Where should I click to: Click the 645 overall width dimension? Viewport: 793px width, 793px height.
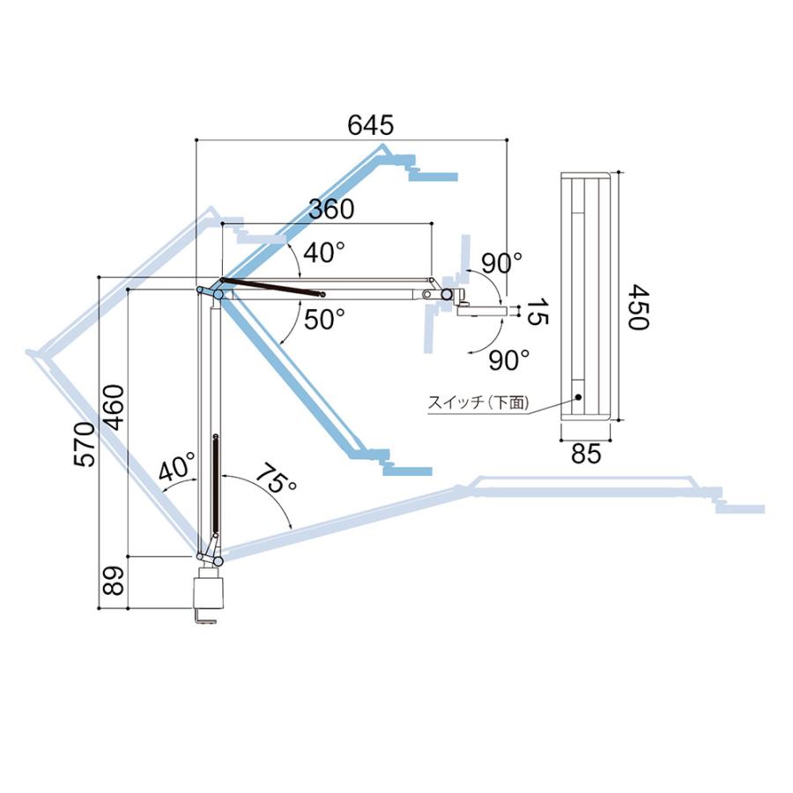[x=370, y=125]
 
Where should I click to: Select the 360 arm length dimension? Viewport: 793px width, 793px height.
[x=331, y=209]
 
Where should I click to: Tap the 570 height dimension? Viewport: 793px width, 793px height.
[x=85, y=444]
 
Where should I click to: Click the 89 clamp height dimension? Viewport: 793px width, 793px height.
[x=114, y=580]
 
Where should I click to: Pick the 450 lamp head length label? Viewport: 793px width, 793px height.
[x=638, y=307]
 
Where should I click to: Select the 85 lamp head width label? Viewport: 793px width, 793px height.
[x=586, y=454]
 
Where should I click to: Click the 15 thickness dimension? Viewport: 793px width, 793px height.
[x=537, y=312]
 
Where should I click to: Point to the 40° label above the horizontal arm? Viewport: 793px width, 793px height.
[x=323, y=252]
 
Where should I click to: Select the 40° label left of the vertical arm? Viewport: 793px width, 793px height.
[x=176, y=467]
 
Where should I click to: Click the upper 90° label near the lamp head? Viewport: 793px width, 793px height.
[x=501, y=263]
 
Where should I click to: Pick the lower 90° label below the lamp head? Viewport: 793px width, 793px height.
[x=509, y=359]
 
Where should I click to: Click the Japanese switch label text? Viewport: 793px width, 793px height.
[x=478, y=403]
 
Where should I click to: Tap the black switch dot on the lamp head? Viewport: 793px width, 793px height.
[x=577, y=397]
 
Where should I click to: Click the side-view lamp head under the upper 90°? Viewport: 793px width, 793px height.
[x=480, y=309]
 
